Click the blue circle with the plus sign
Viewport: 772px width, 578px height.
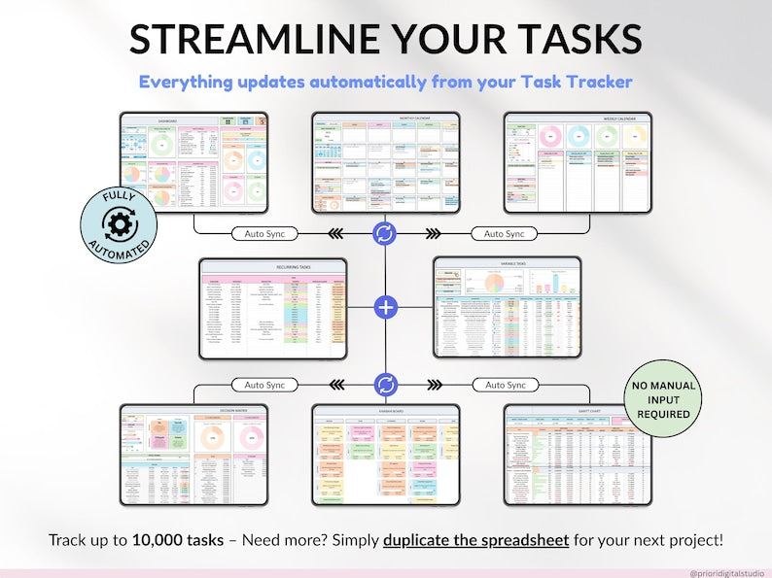coord(386,308)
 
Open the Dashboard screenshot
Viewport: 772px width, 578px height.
coord(193,162)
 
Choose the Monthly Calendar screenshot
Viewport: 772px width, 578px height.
coord(386,162)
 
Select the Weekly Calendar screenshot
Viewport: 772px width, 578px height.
coord(578,162)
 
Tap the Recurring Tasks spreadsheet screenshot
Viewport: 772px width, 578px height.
coord(272,308)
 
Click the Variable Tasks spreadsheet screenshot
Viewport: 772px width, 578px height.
coord(507,308)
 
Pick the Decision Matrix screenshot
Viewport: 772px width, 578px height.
coord(193,455)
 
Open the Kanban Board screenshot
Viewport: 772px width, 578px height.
coord(386,455)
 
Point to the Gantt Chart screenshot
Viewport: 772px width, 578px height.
coord(578,455)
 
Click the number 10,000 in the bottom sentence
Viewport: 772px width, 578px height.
coord(161,539)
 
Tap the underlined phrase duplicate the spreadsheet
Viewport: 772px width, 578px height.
coord(476,539)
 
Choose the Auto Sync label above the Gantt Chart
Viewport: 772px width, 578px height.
coord(504,384)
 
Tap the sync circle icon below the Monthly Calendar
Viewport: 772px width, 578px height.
coord(386,234)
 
